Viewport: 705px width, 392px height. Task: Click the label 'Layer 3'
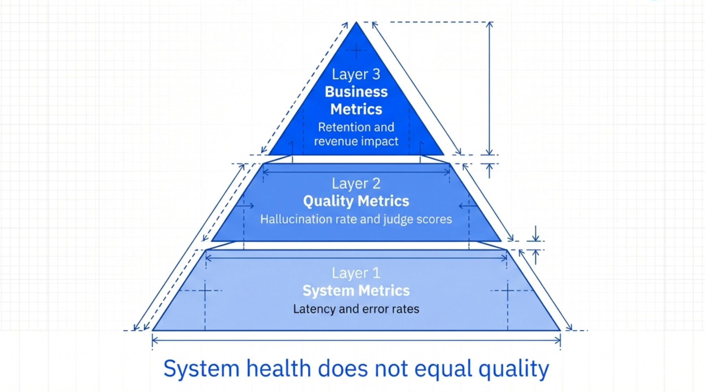(x=356, y=74)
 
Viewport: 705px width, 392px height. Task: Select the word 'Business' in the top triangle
(x=356, y=92)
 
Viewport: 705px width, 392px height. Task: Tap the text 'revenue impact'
(x=356, y=141)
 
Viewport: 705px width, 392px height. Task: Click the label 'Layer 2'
(x=356, y=183)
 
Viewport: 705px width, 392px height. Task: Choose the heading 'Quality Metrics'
(x=356, y=201)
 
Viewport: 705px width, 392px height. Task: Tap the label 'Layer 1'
(x=356, y=273)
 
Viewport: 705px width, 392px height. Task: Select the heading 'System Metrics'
(x=356, y=291)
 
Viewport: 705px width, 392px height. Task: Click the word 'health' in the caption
(x=278, y=369)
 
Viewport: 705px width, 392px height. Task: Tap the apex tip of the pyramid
(x=356, y=23)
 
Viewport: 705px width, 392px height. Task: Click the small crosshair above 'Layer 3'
(x=356, y=50)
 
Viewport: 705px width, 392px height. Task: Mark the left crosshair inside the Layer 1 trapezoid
(x=205, y=290)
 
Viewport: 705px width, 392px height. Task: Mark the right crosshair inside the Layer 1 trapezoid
(x=507, y=290)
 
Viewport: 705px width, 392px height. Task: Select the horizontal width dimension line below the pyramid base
(x=356, y=340)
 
